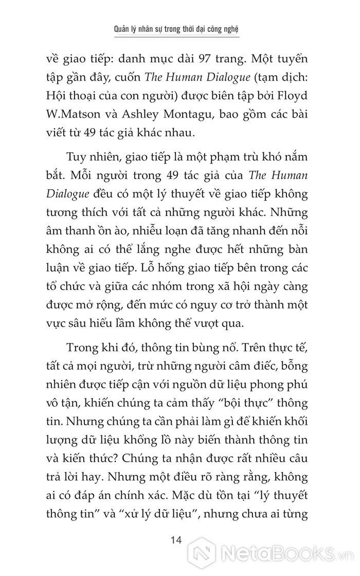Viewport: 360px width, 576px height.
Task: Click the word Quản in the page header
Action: tap(123, 29)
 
